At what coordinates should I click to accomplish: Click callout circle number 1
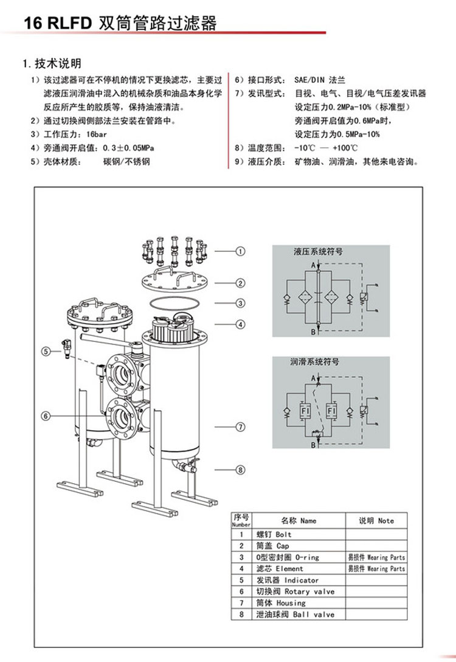[x=241, y=251]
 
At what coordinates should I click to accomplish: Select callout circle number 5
[x=46, y=350]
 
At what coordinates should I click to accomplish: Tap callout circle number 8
[x=241, y=469]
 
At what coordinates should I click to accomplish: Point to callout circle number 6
[x=46, y=416]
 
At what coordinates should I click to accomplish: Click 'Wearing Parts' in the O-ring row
[x=376, y=557]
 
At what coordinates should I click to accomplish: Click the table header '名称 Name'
[x=299, y=520]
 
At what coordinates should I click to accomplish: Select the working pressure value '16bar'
[x=97, y=134]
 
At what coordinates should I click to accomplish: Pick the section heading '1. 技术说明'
[x=52, y=63]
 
